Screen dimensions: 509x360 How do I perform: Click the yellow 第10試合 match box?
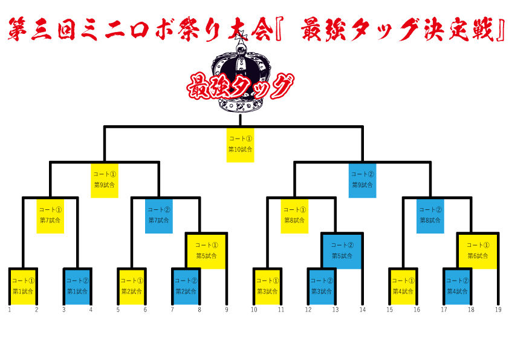[x=240, y=144]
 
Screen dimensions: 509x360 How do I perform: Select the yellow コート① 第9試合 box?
[x=105, y=180]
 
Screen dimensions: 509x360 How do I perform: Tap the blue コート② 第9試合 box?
[x=363, y=180]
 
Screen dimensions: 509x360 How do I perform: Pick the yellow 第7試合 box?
[x=50, y=215]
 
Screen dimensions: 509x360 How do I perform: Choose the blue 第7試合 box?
[x=159, y=215]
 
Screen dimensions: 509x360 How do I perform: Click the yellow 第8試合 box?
[x=294, y=215]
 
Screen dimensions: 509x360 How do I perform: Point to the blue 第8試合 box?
[x=430, y=215]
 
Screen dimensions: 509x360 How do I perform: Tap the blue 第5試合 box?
[x=342, y=250]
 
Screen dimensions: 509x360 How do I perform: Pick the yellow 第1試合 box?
[x=24, y=286]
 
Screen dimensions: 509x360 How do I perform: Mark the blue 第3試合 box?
[x=321, y=286]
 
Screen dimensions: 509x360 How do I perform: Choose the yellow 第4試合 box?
[x=403, y=286]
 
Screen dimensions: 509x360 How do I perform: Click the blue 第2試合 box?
[x=186, y=286]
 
